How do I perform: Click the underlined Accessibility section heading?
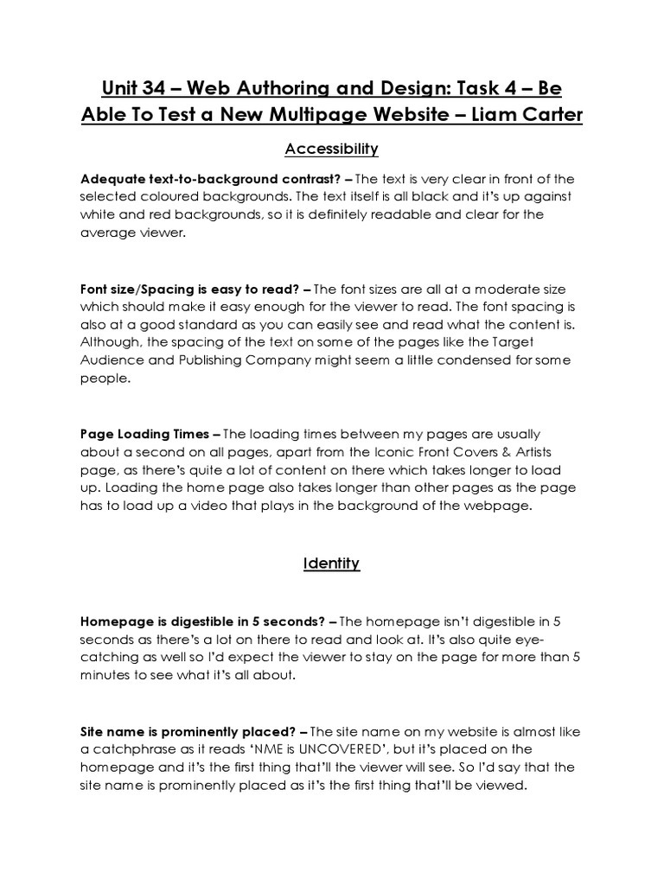coord(331,150)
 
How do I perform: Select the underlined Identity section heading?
coord(331,563)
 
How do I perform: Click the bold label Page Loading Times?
coord(144,434)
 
